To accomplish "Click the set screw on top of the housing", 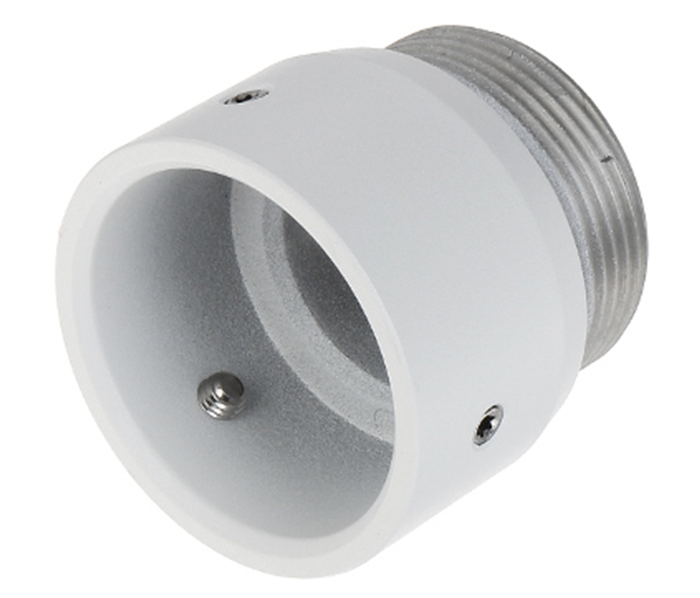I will pos(246,96).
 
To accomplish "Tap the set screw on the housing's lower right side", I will pos(487,424).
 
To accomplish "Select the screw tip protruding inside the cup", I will pos(222,395).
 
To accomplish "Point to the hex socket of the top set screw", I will pos(246,96).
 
